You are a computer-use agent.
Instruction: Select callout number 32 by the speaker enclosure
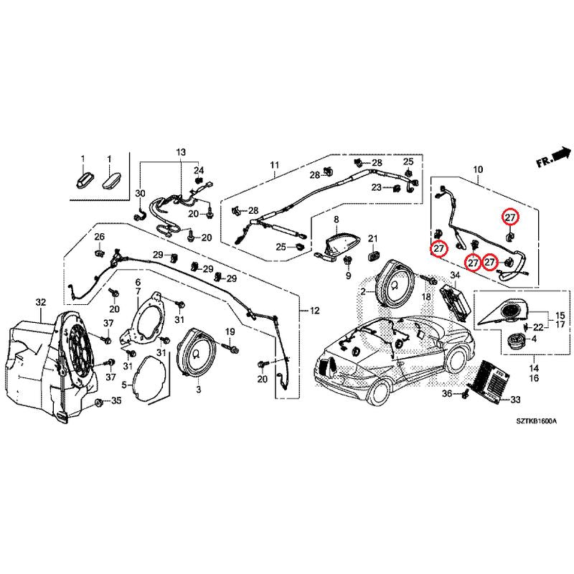point(40,302)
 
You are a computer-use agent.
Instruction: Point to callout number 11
point(273,166)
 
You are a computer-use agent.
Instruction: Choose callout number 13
point(180,152)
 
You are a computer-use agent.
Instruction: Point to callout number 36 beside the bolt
point(447,395)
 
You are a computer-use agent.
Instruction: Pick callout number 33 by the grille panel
point(516,400)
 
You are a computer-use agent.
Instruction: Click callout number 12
point(314,311)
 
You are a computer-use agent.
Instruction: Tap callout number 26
point(99,237)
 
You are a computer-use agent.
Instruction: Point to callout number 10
point(478,170)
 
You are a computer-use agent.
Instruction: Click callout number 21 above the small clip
point(372,238)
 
